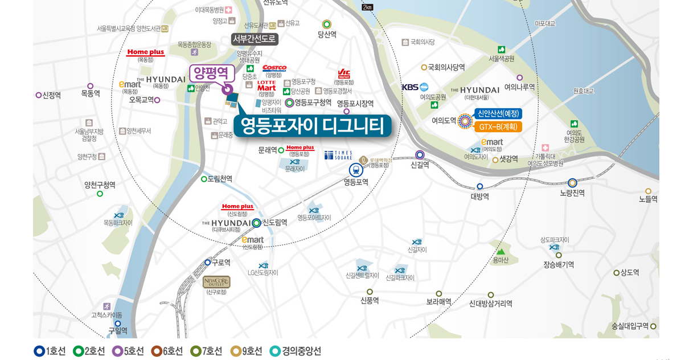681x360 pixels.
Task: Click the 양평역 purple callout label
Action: coord(212,73)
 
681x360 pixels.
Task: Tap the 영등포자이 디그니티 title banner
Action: coord(312,126)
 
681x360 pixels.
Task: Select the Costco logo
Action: coord(274,68)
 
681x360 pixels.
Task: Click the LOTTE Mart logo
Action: coord(266,85)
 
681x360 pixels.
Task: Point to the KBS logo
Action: coord(415,87)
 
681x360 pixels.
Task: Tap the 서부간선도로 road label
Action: coord(255,39)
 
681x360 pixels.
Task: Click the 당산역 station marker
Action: coord(327,24)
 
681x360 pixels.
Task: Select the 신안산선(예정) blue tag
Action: coord(498,113)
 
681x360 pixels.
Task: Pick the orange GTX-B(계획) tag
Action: coord(498,126)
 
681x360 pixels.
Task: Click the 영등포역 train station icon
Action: coord(356,169)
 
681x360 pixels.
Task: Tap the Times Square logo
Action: coord(338,155)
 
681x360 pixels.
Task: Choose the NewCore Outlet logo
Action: coord(216,282)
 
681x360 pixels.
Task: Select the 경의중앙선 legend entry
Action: coord(296,351)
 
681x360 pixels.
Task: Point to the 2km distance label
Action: coord(367,7)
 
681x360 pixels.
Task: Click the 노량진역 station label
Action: coord(572,193)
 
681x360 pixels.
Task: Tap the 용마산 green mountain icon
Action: coord(501,251)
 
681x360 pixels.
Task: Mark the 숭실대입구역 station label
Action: coord(630,326)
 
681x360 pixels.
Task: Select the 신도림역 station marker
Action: coord(257,223)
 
